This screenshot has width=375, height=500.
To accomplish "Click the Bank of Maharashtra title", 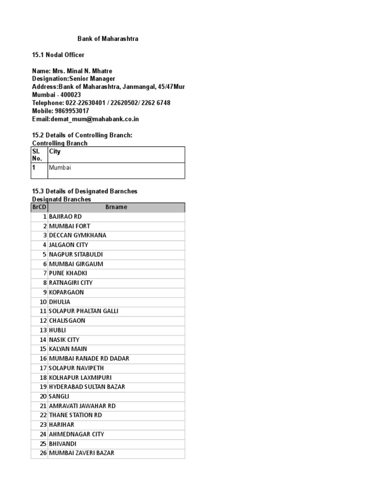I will (108, 39).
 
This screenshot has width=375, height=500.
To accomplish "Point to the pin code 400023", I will (70, 95).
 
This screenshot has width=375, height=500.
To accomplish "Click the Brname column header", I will (116, 207).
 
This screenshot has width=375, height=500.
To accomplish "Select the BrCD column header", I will (39, 207).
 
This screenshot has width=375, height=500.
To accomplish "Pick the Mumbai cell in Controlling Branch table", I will (60, 167).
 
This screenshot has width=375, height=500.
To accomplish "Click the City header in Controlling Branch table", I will (55, 152).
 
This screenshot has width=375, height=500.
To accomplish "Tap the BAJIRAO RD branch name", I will (65, 216).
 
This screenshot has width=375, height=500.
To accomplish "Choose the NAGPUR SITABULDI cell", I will (76, 254).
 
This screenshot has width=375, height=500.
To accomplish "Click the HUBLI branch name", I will (57, 330).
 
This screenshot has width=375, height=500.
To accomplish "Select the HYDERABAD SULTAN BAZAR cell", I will (87, 387).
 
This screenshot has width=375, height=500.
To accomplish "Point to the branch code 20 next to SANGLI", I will (43, 396).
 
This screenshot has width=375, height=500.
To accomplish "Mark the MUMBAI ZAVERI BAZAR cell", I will (82, 453).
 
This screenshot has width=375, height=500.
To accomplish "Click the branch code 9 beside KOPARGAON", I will (44, 292).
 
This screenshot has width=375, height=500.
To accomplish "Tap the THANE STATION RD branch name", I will (75, 415).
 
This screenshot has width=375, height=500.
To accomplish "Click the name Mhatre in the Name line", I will (107, 71).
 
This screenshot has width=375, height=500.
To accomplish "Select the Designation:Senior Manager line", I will (74, 79).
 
